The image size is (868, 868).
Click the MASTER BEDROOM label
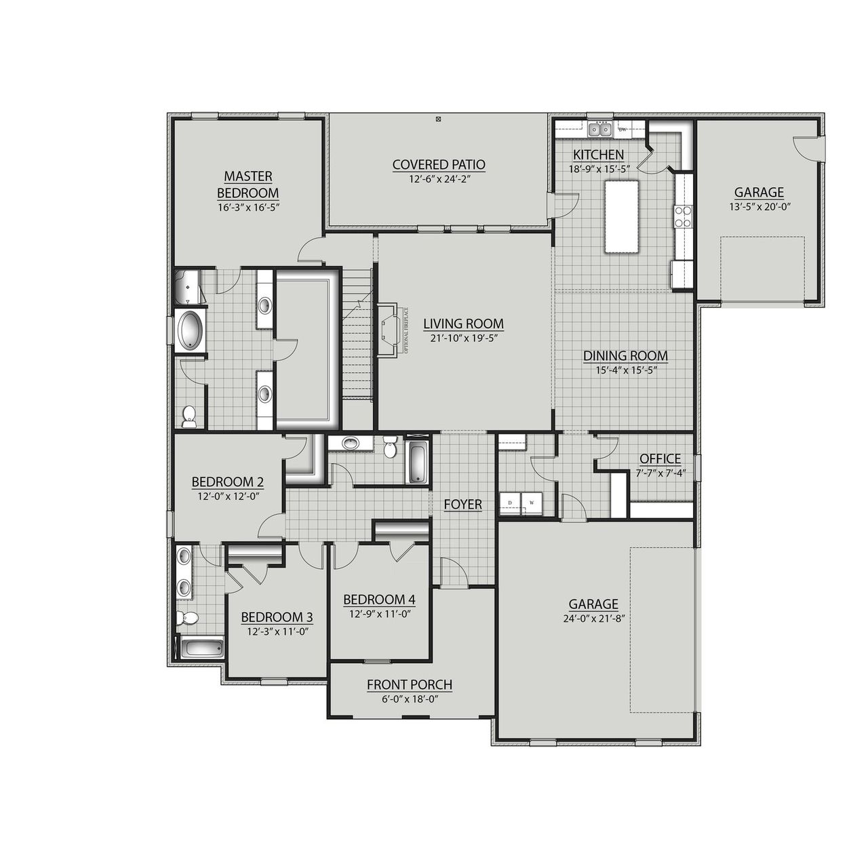coord(248,184)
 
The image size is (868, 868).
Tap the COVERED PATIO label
coord(439,164)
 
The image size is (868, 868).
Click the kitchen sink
coord(600,129)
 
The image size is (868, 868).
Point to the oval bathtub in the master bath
coord(190,330)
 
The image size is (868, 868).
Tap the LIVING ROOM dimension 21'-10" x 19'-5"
coord(463,338)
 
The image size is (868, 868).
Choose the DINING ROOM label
coord(625,355)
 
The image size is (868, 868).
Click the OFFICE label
coord(660,458)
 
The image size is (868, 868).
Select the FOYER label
coord(462,505)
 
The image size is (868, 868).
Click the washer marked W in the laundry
coord(531,502)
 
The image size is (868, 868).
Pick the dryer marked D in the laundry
coord(509,502)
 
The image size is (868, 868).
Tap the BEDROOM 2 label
coord(227,481)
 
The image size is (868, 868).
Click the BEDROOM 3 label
coord(277,617)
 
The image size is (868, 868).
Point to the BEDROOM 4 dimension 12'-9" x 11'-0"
coord(379,614)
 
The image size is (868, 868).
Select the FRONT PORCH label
coord(410,685)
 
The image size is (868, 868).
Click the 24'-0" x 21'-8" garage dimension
coord(593,618)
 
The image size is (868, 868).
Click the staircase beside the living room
coord(357,339)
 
